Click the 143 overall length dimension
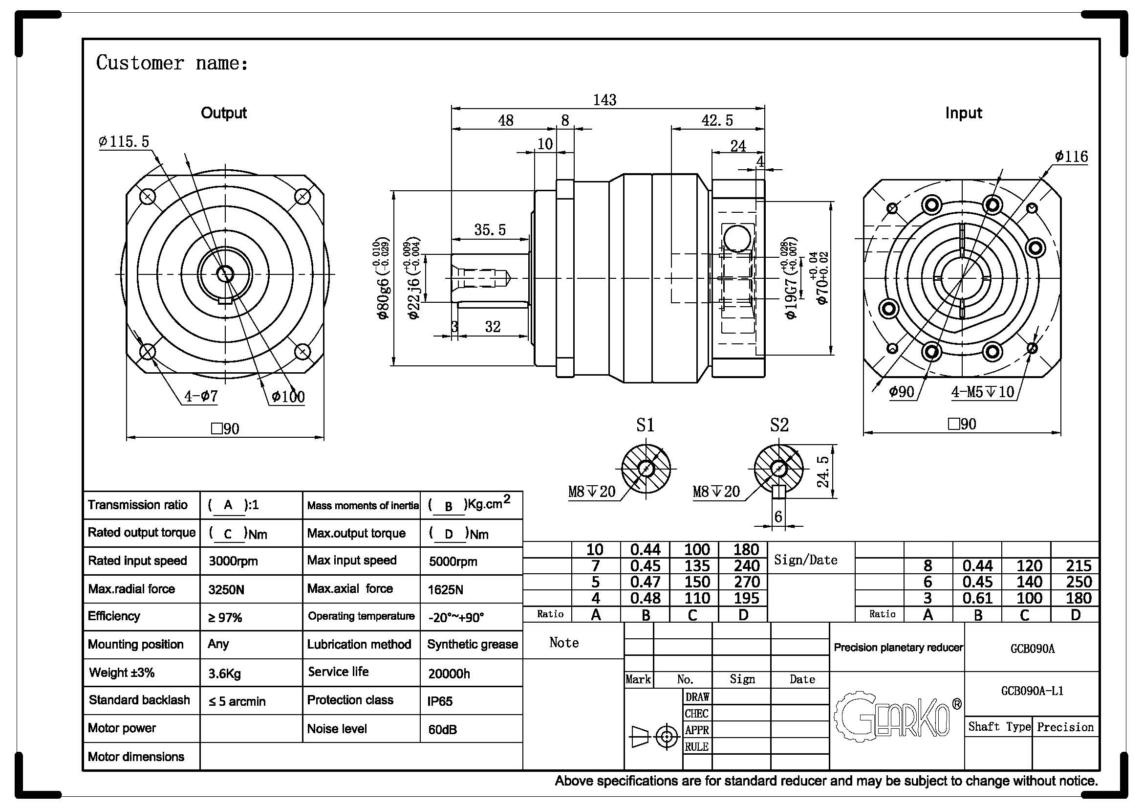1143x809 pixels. pos(604,100)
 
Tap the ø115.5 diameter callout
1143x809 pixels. pos(125,142)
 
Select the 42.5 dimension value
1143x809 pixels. pos(717,120)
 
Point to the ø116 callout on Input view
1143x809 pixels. pos(1071,157)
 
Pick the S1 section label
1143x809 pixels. pos(645,425)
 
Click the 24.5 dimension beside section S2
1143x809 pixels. pos(823,471)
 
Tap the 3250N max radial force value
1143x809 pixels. pos(227,590)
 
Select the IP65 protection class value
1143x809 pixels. pos(440,701)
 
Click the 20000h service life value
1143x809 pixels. pos(449,674)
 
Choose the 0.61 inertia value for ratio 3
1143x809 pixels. pos(978,598)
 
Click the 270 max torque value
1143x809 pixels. pos(746,582)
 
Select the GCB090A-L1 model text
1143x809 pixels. pos(1032,691)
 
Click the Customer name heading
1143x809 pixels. pos(172,63)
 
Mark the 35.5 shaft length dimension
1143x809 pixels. pos(490,230)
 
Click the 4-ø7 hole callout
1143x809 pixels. pos(201,397)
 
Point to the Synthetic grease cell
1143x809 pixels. pos(473,644)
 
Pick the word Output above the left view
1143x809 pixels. pos(223,113)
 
